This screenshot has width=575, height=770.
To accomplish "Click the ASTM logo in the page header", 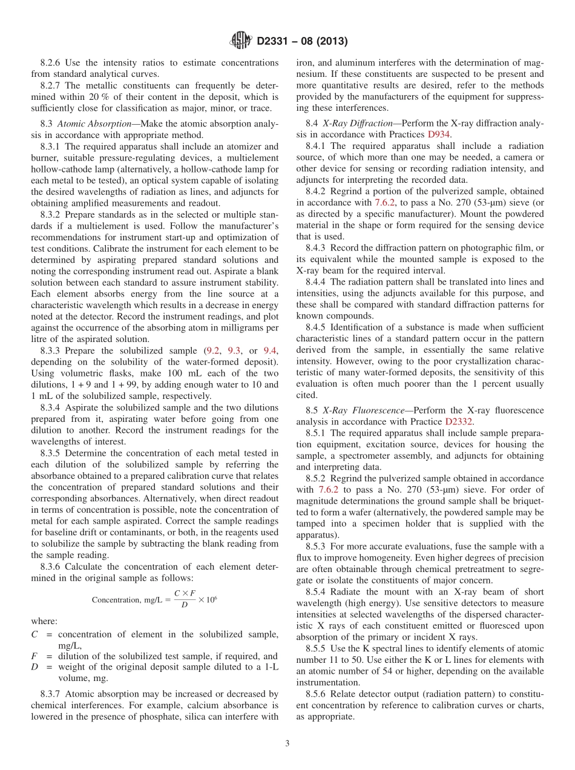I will [x=241, y=41].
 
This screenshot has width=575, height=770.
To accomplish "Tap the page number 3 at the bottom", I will [x=287, y=744].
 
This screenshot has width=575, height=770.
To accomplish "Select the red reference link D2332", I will [x=459, y=421].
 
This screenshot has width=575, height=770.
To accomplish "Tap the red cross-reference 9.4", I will [x=270, y=350].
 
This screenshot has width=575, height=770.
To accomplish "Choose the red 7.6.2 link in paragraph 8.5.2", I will [x=327, y=489].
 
